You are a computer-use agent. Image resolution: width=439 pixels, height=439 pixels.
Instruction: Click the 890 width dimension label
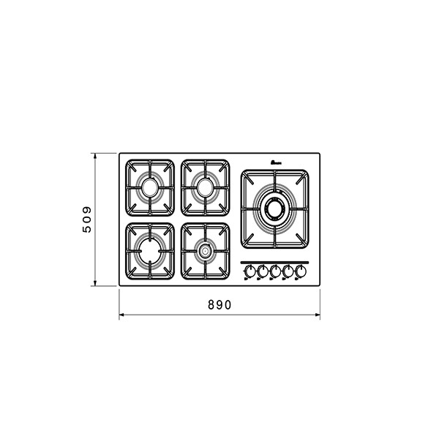tap(219, 305)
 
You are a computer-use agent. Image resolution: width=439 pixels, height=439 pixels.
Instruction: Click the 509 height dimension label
tap(87, 219)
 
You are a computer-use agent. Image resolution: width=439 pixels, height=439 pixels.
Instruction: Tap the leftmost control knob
tap(249, 271)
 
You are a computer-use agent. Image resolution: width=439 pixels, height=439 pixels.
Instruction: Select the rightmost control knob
tap(301, 271)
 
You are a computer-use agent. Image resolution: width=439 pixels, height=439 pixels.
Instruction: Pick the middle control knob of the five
tap(275, 271)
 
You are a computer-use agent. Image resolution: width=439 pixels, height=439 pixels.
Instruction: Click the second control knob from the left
tap(263, 271)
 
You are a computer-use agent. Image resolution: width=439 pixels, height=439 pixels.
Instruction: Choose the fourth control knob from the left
tap(288, 271)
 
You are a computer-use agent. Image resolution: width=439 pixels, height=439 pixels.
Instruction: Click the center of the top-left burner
tap(150, 187)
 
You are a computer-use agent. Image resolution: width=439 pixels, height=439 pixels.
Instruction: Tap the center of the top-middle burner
tap(205, 187)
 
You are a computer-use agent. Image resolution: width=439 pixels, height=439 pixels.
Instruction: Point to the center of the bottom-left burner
tap(150, 251)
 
